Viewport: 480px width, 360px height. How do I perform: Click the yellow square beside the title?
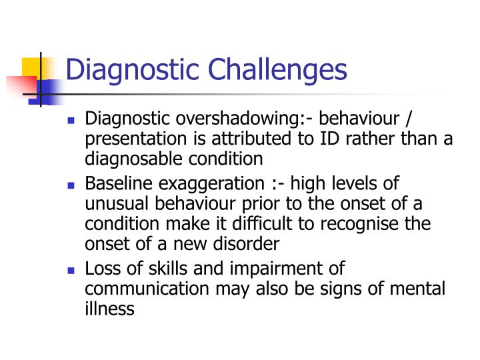click(32, 69)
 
